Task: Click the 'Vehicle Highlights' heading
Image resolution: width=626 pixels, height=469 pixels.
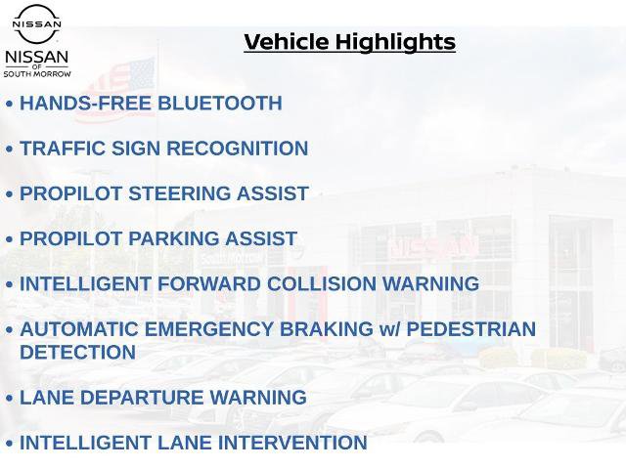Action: pyautogui.click(x=349, y=42)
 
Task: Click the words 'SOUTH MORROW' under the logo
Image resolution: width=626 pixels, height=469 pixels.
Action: pyautogui.click(x=37, y=73)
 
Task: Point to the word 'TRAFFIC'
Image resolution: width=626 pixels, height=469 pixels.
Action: pyautogui.click(x=62, y=149)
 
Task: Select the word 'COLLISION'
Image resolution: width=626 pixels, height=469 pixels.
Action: pyautogui.click(x=320, y=284)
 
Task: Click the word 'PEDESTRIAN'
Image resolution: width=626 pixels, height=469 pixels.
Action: pyautogui.click(x=470, y=329)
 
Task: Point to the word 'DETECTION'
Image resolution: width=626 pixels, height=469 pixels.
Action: pyautogui.click(x=77, y=353)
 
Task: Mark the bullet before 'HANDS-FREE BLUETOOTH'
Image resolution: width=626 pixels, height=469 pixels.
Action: pyautogui.click(x=10, y=105)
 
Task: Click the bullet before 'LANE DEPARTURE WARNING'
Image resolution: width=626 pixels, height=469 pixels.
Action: pyautogui.click(x=10, y=399)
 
